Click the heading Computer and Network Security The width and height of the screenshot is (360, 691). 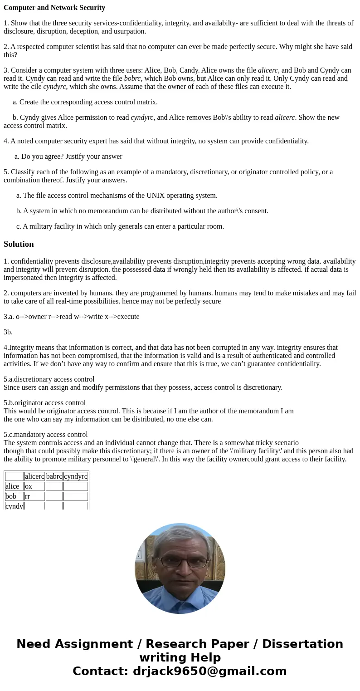click(54, 8)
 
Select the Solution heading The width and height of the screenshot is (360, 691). click(19, 244)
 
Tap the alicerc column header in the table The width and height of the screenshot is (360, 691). click(34, 476)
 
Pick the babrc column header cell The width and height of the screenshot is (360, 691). click(54, 476)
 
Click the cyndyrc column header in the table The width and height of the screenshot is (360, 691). click(76, 476)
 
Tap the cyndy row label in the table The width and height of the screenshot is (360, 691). click(14, 505)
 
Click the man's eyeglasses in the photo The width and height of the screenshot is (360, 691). click(180, 562)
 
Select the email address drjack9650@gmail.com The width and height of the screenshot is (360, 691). click(209, 671)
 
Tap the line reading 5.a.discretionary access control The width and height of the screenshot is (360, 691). click(49, 379)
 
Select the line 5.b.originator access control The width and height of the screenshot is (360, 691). click(44, 403)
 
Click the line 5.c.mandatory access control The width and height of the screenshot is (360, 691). click(46, 435)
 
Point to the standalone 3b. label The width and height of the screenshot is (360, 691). click(8, 332)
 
